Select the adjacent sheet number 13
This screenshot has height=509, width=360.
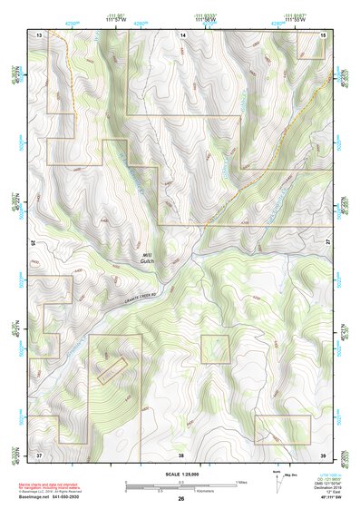[40, 34]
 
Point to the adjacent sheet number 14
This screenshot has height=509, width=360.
[181, 34]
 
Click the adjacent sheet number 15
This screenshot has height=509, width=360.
[322, 34]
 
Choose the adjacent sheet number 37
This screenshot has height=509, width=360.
[40, 453]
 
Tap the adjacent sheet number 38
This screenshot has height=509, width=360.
[181, 453]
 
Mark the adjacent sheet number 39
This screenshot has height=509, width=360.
[322, 453]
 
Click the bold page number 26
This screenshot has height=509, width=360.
[181, 499]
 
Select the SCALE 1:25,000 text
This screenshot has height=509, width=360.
[181, 474]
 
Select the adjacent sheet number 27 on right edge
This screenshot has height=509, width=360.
[328, 243]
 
